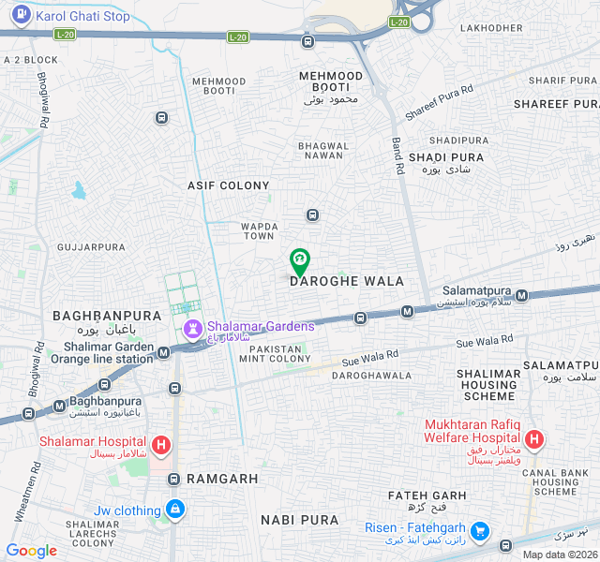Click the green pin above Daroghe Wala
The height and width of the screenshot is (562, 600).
click(299, 260)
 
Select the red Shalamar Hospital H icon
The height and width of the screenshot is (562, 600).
click(161, 444)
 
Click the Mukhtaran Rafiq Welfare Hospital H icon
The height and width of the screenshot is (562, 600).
click(533, 438)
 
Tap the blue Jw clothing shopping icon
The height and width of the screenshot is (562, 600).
click(174, 510)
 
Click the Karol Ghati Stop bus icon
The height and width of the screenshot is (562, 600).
click(20, 16)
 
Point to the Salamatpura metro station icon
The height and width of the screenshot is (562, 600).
click(521, 295)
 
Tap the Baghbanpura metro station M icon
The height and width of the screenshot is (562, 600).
click(60, 406)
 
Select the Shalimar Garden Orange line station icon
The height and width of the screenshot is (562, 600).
click(164, 352)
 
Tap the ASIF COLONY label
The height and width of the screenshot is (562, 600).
click(228, 185)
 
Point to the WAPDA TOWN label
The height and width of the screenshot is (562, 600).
click(258, 230)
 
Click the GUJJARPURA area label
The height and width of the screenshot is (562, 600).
click(91, 247)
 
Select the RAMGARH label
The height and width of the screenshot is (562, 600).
click(222, 479)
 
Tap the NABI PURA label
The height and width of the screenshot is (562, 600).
click(299, 519)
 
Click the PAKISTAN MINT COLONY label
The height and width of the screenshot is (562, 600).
click(276, 353)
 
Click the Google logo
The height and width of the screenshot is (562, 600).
click(31, 551)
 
